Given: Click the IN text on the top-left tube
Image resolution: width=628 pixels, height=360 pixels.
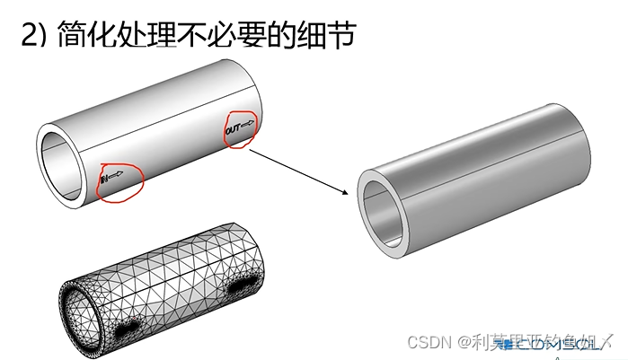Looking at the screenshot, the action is click(104, 180).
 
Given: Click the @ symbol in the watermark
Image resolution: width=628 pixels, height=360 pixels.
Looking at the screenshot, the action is click(465, 342).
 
